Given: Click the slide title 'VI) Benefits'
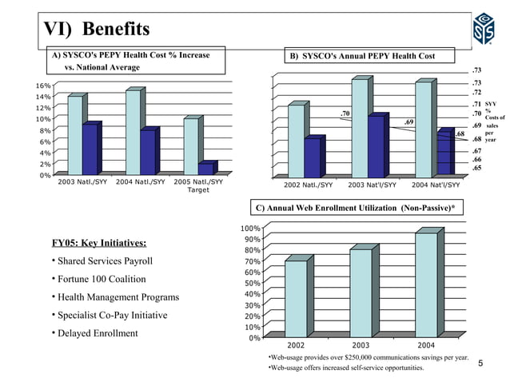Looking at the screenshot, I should (x=96, y=30).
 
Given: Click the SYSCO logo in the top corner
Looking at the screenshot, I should (x=484, y=29).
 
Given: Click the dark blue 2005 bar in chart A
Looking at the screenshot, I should (x=205, y=169).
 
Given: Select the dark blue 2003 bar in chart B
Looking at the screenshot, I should (x=375, y=147).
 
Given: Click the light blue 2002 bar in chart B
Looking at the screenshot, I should (x=296, y=141).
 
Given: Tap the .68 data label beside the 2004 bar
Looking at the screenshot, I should (x=460, y=134).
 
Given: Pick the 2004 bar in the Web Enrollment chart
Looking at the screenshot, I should (x=424, y=285).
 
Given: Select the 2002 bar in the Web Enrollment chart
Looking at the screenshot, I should (x=296, y=298).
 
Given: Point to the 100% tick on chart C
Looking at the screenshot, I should (x=249, y=229).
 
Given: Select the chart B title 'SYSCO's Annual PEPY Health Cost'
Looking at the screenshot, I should (x=365, y=56).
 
